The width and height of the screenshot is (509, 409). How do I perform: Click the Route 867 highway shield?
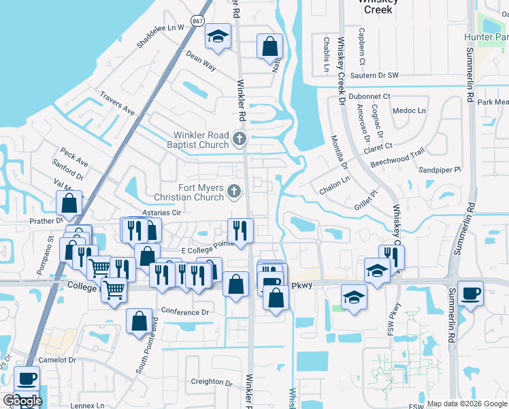(x=197, y=21)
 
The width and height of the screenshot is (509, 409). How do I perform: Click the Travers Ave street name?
(x=117, y=103)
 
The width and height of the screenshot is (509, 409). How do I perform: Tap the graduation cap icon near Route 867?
(x=219, y=36)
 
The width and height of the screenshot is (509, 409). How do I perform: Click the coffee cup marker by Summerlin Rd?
(x=471, y=294)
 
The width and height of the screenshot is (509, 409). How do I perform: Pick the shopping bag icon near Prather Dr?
(x=69, y=202)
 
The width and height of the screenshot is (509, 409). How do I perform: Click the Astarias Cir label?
(x=160, y=213)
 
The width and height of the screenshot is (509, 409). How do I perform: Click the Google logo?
(x=22, y=401)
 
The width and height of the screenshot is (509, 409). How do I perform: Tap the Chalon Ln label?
(x=335, y=180)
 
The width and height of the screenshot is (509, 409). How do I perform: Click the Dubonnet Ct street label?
(x=369, y=97)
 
